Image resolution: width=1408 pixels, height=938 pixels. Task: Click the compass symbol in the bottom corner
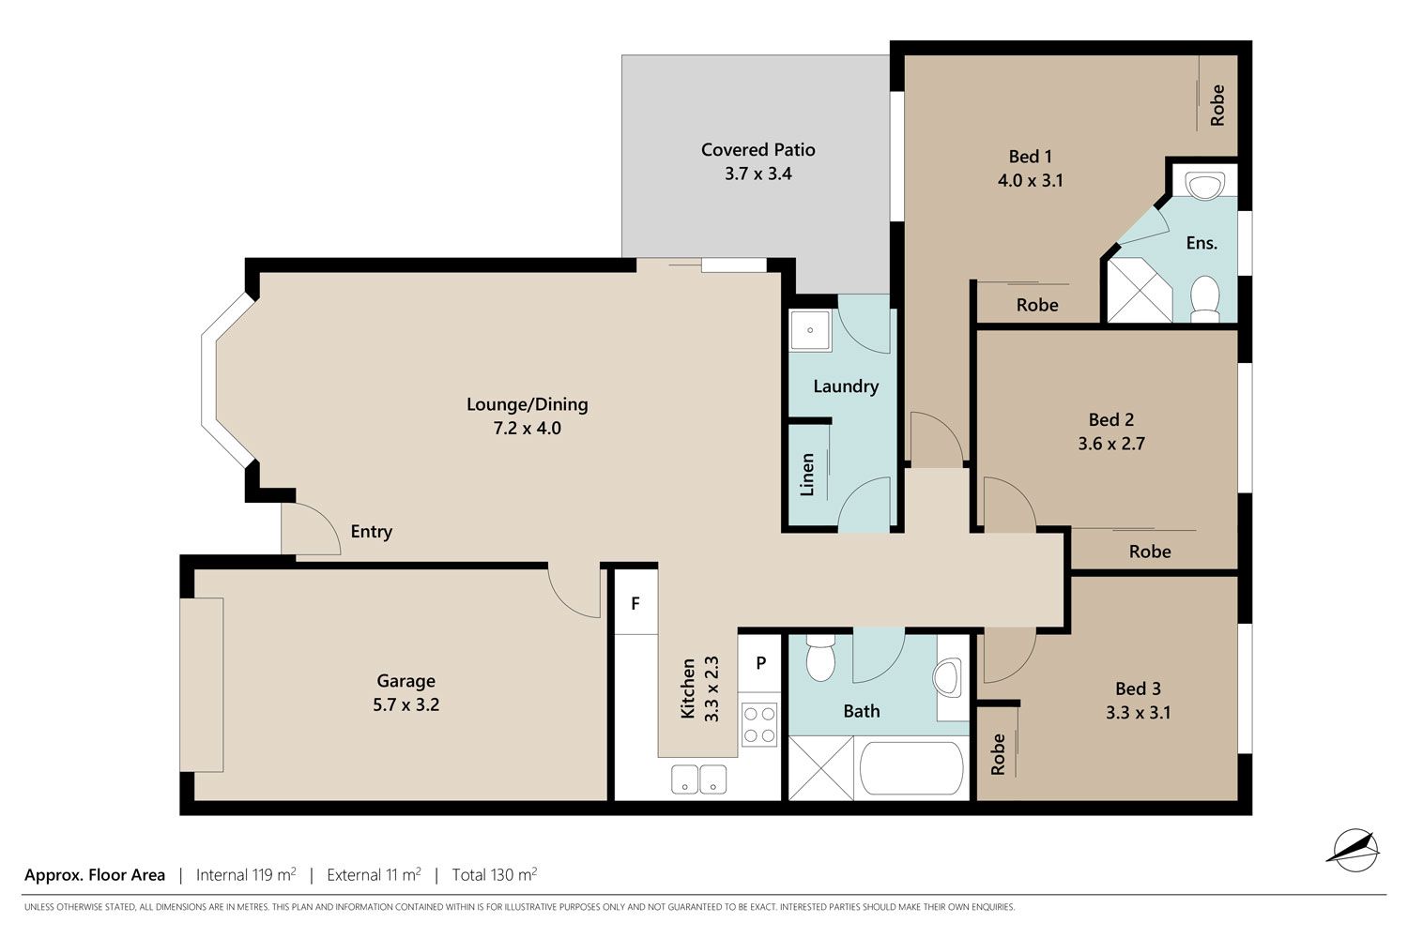pyautogui.click(x=1355, y=850)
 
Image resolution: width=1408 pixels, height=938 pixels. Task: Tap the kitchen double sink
pyautogui.click(x=699, y=779)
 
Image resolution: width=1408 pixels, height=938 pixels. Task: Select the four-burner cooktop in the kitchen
pyautogui.click(x=759, y=724)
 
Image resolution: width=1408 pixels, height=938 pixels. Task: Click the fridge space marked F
pyautogui.click(x=635, y=602)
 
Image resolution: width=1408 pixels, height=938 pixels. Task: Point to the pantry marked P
pyautogui.click(x=760, y=663)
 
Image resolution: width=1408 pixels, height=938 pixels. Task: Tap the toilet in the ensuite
pyautogui.click(x=1205, y=299)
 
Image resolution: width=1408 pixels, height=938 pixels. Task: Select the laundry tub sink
pyautogui.click(x=810, y=329)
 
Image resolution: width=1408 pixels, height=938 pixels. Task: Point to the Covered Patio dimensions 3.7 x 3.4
pyautogui.click(x=758, y=174)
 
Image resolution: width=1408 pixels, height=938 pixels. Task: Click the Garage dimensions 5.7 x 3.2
pyautogui.click(x=406, y=705)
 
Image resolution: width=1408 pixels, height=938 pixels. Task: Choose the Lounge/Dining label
pyautogui.click(x=528, y=404)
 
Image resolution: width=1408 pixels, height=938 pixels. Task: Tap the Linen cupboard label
pyautogui.click(x=807, y=475)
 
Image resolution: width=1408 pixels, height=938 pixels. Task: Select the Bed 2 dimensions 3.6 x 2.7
pyautogui.click(x=1111, y=445)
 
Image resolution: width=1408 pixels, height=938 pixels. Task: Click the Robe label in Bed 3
pyautogui.click(x=998, y=754)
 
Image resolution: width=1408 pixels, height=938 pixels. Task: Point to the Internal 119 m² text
pyautogui.click(x=246, y=874)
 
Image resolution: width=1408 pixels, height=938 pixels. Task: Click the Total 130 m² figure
pyautogui.click(x=495, y=874)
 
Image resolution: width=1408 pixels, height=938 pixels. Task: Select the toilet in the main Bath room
pyautogui.click(x=819, y=658)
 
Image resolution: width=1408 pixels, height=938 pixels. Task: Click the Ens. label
pyautogui.click(x=1201, y=243)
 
